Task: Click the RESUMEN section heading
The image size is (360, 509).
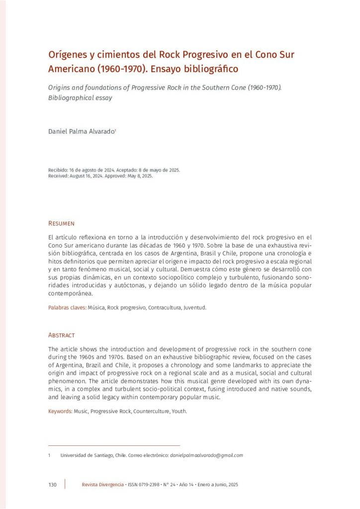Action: (61, 223)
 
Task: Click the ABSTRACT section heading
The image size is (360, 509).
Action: (61, 335)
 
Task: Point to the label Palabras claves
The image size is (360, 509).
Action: (67, 308)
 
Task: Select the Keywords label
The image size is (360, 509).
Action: (60, 412)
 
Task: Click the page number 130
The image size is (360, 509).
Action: (53, 485)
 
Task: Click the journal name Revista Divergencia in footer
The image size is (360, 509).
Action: (103, 485)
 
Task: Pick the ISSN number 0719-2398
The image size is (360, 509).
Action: (148, 485)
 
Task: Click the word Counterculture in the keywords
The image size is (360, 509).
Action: (151, 412)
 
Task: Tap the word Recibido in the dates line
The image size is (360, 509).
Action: (58, 170)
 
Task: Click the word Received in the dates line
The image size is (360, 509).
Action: (59, 175)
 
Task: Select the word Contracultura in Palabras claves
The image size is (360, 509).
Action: (166, 308)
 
